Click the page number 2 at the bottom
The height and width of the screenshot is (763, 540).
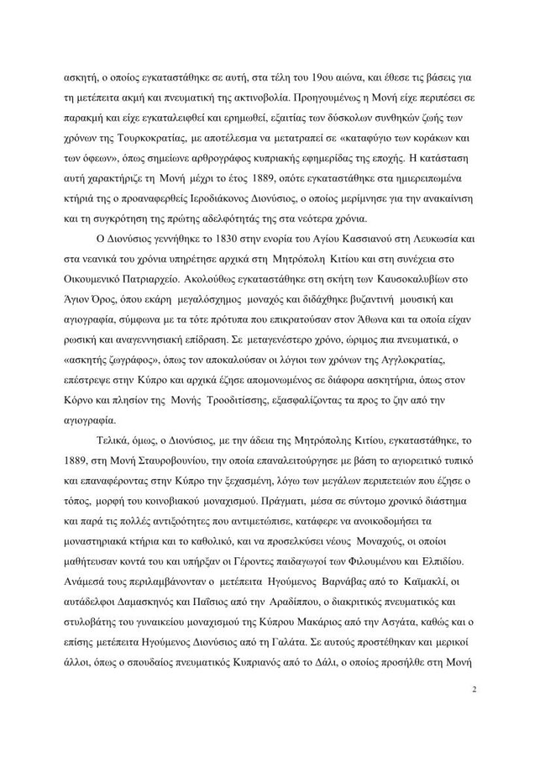(474, 689)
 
